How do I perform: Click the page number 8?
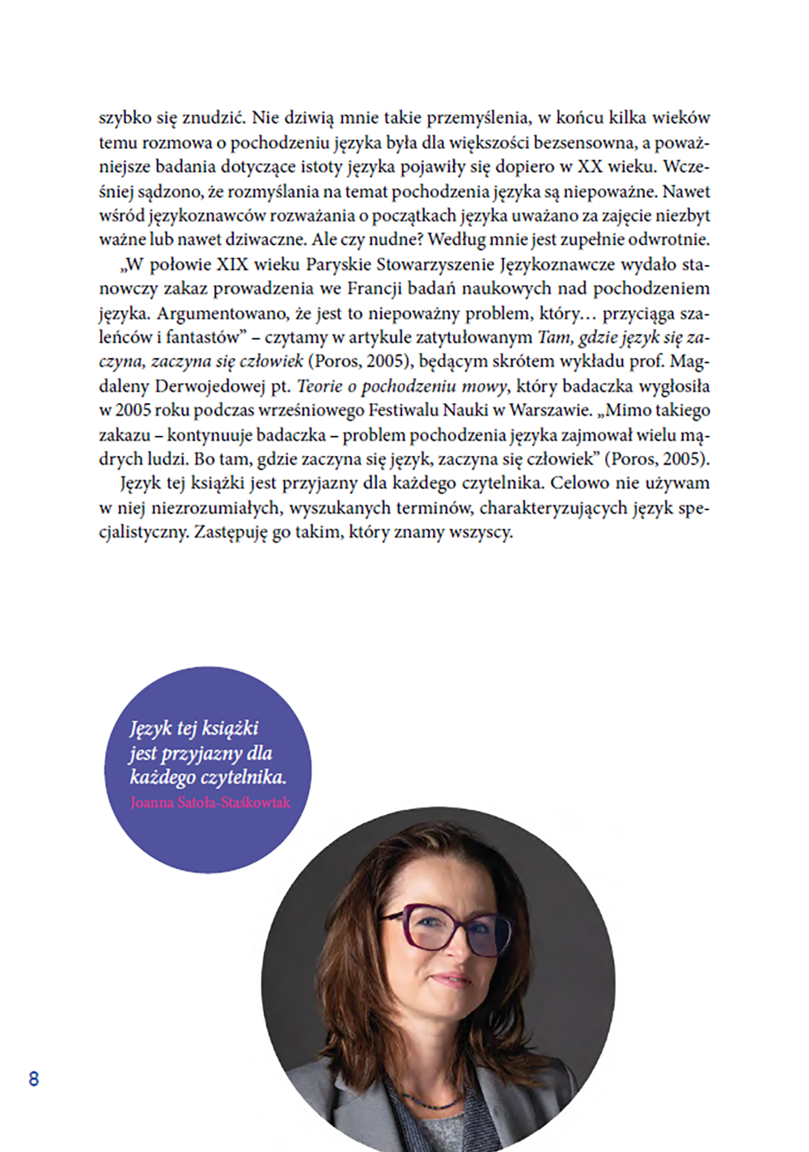33,1078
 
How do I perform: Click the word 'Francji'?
373,289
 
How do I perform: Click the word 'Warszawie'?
549,411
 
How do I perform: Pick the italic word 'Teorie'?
320,386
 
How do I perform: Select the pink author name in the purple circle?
210,803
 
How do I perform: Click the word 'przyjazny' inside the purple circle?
201,753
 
